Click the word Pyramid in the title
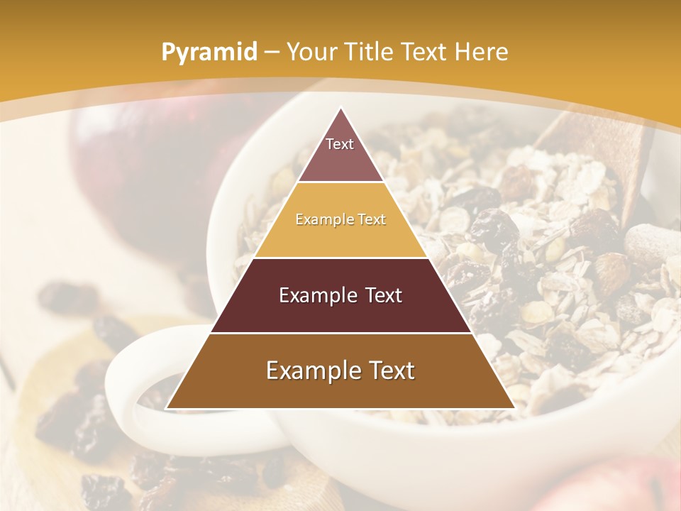point(209,53)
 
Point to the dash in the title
point(272,53)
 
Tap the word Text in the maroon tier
point(377,295)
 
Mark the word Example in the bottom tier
point(309,370)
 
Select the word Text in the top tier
point(340,144)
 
